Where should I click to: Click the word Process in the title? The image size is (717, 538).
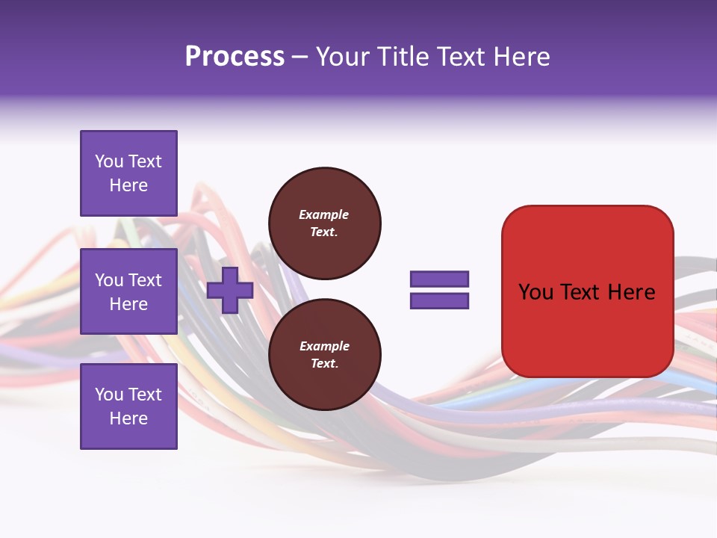tap(235, 57)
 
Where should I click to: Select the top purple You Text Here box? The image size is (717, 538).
tap(128, 173)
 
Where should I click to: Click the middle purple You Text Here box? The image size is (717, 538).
tap(128, 291)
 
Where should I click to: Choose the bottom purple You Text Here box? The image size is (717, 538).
tap(128, 406)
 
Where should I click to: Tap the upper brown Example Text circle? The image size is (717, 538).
tap(324, 223)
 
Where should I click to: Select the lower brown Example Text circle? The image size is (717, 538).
tap(324, 354)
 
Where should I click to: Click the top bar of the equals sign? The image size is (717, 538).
tap(439, 279)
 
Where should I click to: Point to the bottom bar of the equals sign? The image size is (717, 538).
tap(439, 301)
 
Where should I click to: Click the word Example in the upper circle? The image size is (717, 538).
tap(324, 214)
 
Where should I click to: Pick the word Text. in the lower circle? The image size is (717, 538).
tap(324, 364)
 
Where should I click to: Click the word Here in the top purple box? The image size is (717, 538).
tap(128, 185)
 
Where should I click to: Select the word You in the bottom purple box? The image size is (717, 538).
tap(109, 395)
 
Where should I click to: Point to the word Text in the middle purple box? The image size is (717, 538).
tap(145, 280)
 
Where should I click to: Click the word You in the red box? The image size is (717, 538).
tap(536, 292)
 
